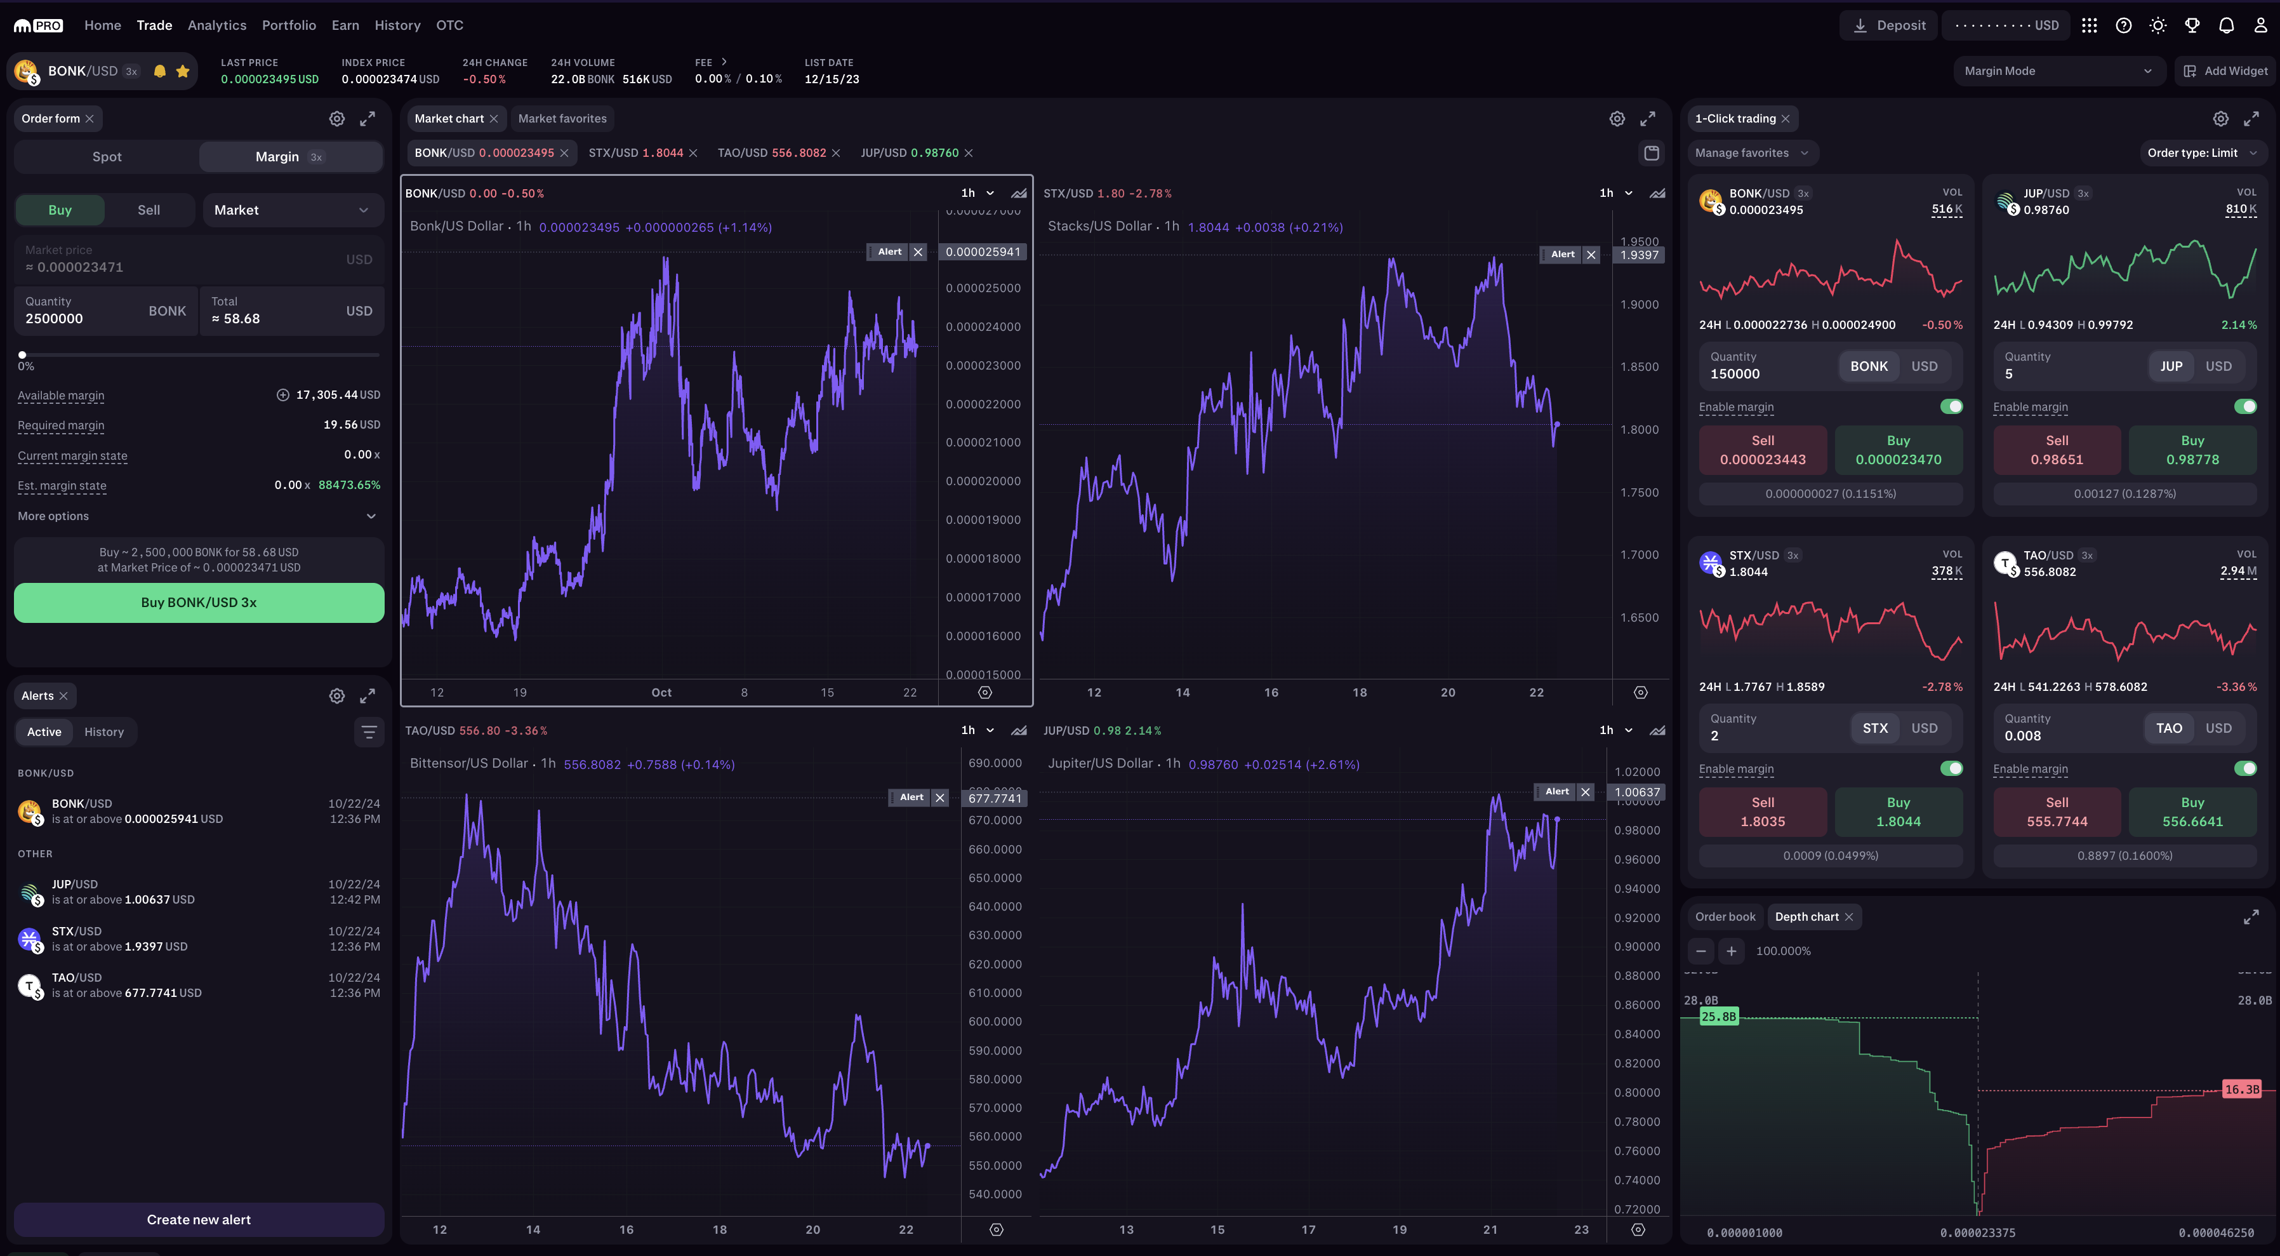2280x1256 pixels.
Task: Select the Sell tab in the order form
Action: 149,210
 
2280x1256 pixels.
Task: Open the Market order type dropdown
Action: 292,210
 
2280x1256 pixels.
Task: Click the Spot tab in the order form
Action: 107,157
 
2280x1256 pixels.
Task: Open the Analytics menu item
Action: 217,25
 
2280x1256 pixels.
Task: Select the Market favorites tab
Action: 562,119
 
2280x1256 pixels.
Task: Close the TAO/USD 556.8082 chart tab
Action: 835,153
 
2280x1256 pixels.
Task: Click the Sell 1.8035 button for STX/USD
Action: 1762,811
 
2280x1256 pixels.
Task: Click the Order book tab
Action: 1724,916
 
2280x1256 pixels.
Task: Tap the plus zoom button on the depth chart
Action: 1730,951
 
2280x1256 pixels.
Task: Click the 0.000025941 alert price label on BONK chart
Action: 983,251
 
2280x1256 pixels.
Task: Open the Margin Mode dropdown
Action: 2058,71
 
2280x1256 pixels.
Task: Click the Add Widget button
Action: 2225,71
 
